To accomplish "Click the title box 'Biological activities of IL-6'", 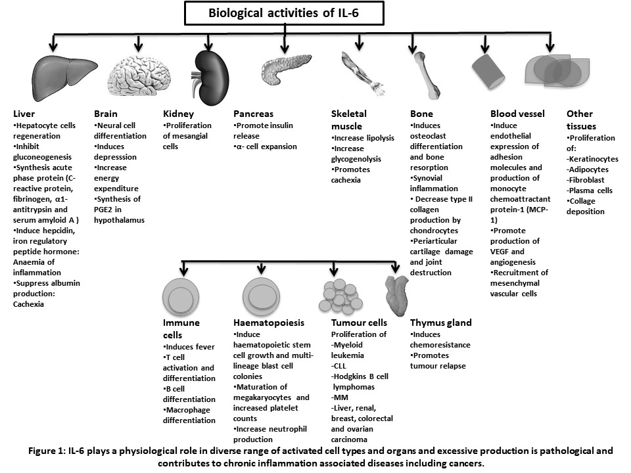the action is tap(284, 13).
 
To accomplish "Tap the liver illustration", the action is tap(64, 78).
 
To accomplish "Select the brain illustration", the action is tap(139, 75).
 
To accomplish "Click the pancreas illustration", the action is tap(286, 69).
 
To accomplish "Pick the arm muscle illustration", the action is tap(363, 74).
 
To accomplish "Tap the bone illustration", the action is tap(427, 75).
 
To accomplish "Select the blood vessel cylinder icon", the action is tap(488, 71).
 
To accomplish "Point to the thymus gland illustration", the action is tap(396, 295).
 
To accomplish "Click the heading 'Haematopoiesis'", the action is tap(269, 323).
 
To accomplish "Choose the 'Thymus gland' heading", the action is tap(440, 323).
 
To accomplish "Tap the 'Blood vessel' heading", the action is tap(517, 114).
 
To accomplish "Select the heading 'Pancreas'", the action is tap(253, 114).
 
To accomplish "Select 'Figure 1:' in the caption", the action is tap(47, 451).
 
